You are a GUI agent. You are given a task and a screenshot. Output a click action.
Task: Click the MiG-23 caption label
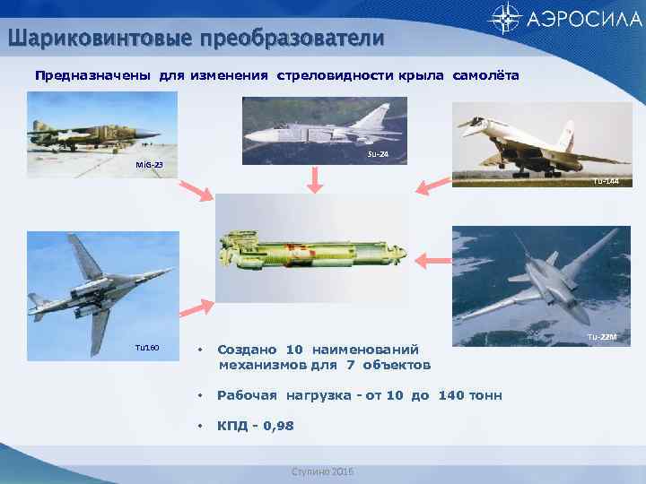(144, 166)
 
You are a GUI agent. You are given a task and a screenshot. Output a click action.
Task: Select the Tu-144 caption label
(606, 182)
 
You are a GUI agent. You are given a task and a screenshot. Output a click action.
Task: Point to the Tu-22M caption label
(601, 336)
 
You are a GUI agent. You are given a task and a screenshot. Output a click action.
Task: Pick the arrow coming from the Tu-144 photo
(432, 186)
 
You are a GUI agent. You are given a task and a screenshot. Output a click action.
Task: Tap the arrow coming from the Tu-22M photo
(436, 259)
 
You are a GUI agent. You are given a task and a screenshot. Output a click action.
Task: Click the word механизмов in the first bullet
(266, 365)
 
